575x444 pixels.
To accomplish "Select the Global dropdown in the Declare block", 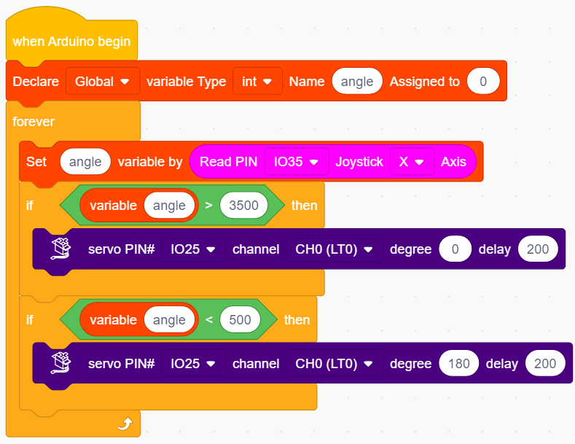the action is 102,81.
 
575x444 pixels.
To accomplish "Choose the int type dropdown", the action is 257,81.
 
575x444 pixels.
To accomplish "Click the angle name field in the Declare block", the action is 357,81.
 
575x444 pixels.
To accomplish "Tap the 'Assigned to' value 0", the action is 483,81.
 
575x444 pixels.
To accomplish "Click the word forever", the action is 34,122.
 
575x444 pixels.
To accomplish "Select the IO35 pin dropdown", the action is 297,161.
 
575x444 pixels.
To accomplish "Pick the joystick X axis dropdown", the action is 412,161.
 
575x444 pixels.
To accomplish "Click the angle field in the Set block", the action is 85,161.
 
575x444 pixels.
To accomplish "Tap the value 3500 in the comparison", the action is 243,205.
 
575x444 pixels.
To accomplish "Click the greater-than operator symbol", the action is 208,205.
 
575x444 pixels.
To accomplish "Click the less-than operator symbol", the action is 208,319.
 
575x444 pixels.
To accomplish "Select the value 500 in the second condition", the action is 240,319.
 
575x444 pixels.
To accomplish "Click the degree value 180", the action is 458,363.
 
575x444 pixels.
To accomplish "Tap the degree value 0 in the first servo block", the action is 455,249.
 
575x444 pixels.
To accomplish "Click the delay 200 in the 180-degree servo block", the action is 545,363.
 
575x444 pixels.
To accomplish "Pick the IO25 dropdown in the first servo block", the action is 193,249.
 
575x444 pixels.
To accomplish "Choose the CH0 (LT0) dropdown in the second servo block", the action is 335,363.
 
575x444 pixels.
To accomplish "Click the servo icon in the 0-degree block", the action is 61,249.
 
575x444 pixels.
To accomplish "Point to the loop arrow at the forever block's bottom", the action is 125,424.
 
